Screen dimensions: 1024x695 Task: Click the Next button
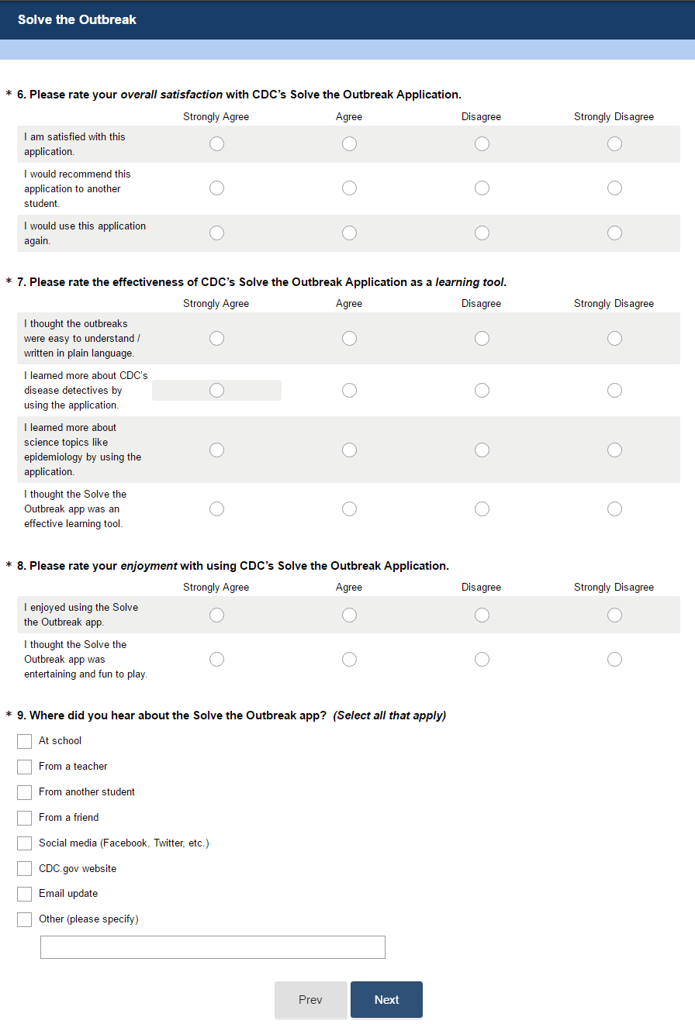386,999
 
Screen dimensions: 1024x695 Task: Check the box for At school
25,741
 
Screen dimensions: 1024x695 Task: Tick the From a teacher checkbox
25,767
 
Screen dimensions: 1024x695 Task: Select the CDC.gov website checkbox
25,869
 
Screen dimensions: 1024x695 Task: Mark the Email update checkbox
25,894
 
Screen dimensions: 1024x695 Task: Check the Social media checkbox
25,843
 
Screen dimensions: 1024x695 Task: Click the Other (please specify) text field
213,947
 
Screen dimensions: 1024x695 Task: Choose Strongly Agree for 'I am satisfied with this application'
216,144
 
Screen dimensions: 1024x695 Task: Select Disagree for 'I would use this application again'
482,233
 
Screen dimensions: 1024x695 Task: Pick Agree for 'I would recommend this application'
349,188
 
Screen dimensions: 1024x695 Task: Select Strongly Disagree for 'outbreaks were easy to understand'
614,338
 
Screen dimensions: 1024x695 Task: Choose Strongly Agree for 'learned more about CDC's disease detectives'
216,390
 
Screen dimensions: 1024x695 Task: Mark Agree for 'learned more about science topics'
349,450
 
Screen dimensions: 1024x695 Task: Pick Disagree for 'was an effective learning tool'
482,509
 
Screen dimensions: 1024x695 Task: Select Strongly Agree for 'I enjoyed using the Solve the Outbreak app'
216,615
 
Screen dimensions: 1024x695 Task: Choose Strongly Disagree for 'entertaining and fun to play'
614,659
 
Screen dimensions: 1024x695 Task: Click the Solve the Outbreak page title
77,19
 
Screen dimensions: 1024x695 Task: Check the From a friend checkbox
25,818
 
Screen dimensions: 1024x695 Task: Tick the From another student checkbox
25,792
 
